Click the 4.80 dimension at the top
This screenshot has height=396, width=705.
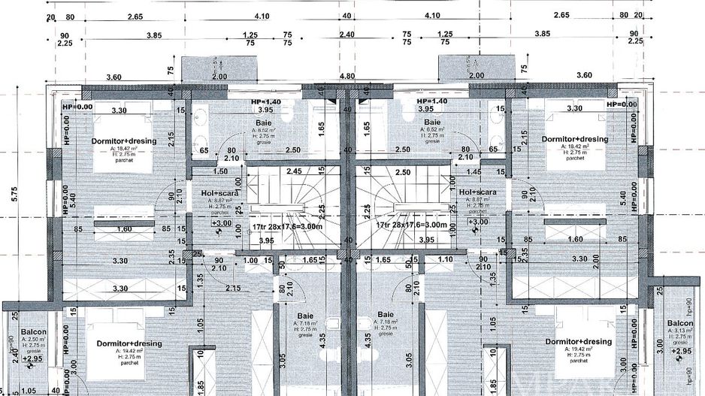(346, 77)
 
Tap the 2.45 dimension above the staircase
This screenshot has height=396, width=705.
(294, 171)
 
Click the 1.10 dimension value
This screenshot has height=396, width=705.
(444, 260)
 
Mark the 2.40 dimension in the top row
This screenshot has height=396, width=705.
(346, 35)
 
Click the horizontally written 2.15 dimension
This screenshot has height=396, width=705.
(233, 289)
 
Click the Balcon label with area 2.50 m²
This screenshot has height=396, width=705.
(33, 331)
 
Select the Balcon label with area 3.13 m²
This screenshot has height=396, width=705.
(679, 325)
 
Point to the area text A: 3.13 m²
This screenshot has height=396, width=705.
(679, 334)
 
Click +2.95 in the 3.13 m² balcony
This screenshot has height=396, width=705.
(681, 351)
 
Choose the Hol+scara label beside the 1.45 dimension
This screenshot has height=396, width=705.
(478, 193)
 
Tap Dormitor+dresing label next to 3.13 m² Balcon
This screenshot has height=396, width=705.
(578, 342)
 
